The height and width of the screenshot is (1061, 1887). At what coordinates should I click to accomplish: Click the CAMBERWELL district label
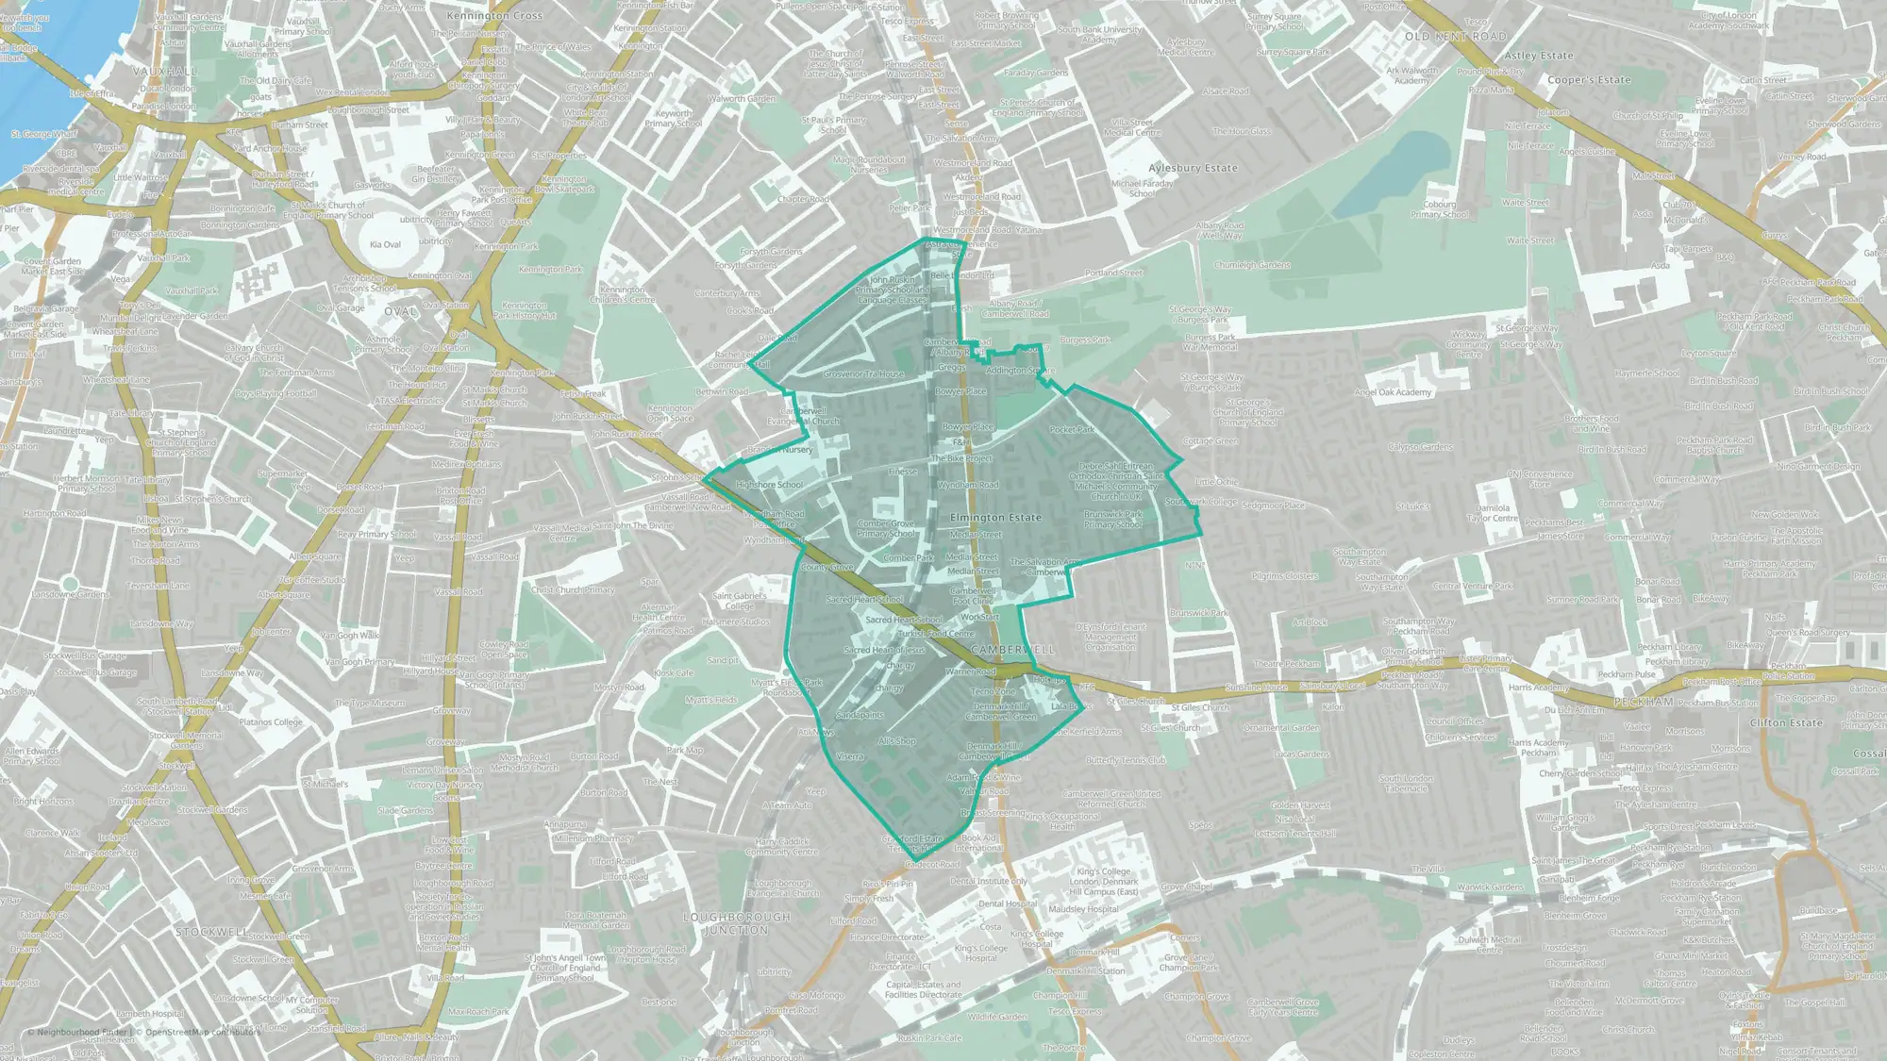[x=1012, y=650]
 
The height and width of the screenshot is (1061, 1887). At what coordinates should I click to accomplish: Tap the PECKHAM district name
[x=1643, y=703]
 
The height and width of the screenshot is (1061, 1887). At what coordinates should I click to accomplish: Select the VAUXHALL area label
[x=165, y=72]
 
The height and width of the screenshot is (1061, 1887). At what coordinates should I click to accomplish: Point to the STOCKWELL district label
[x=212, y=932]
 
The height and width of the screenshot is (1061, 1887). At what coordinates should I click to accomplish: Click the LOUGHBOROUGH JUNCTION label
[x=737, y=923]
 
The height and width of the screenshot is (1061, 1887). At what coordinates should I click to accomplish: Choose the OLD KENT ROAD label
[x=1455, y=37]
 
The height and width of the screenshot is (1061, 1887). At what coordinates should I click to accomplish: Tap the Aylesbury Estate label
[x=1193, y=168]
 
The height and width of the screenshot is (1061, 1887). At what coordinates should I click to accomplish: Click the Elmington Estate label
[x=995, y=518]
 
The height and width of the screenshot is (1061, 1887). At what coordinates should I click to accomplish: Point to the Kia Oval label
[x=385, y=244]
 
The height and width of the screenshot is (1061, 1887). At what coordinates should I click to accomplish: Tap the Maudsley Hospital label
[x=1083, y=909]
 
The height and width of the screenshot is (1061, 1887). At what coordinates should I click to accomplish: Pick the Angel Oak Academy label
[x=1393, y=392]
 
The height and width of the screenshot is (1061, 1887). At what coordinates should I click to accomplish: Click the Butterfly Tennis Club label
[x=1126, y=760]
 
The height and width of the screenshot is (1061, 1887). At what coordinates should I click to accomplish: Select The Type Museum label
[x=369, y=703]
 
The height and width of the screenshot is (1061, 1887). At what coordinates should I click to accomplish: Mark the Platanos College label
[x=271, y=722]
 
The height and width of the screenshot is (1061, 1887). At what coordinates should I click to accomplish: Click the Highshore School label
[x=769, y=485]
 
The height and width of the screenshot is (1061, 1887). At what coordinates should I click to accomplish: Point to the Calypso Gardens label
[x=1420, y=447]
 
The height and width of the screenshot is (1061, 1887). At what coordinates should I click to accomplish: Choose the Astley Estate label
[x=1539, y=56]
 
